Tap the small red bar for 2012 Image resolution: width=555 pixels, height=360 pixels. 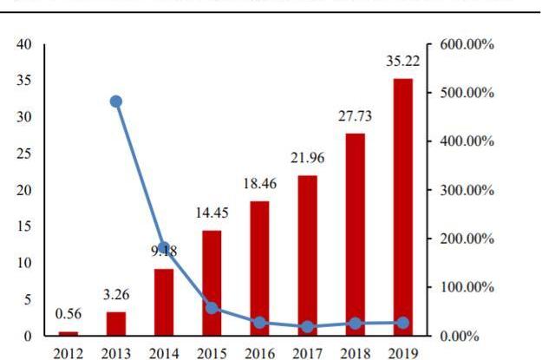click(x=69, y=333)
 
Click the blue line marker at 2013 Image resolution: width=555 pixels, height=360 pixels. click(x=116, y=101)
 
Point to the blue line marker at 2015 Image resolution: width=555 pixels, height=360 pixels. click(x=212, y=308)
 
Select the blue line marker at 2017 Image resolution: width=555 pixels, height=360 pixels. click(x=307, y=327)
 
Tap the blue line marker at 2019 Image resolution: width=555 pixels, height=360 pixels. click(x=402, y=323)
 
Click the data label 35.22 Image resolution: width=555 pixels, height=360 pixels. click(x=402, y=62)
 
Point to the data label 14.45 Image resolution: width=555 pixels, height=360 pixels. click(x=212, y=213)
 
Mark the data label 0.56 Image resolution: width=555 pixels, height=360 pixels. click(x=69, y=314)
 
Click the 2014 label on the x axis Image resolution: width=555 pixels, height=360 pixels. click(x=164, y=353)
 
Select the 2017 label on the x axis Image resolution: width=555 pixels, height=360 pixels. click(x=307, y=353)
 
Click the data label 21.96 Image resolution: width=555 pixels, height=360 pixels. click(x=307, y=157)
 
